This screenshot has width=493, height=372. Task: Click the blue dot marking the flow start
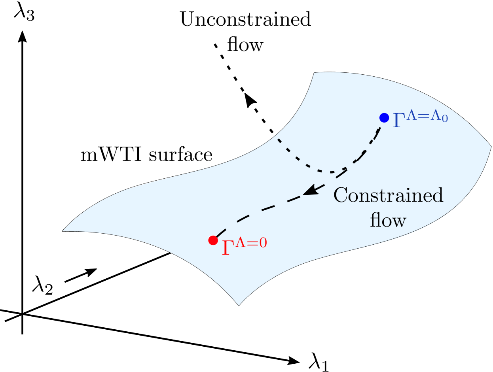pyautogui.click(x=384, y=117)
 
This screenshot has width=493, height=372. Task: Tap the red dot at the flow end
pyautogui.click(x=213, y=240)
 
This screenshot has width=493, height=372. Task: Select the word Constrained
pyautogui.click(x=388, y=195)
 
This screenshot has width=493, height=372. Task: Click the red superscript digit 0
pyautogui.click(x=263, y=243)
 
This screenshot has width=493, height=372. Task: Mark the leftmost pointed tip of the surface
pyautogui.click(x=63, y=231)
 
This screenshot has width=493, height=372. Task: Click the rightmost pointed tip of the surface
pyautogui.click(x=491, y=147)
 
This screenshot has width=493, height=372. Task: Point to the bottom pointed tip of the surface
pyautogui.click(x=239, y=305)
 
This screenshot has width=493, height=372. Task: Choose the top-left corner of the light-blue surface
pyautogui.click(x=314, y=73)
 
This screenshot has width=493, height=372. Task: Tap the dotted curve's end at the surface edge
pyautogui.click(x=278, y=139)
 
